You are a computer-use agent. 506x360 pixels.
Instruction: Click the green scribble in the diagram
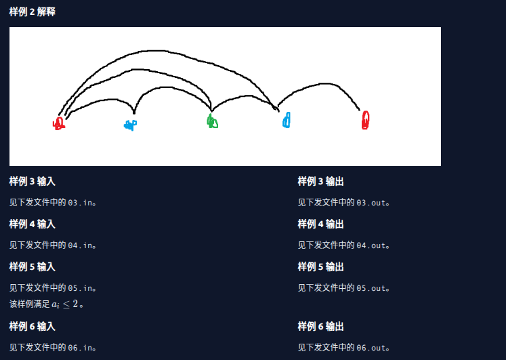212,121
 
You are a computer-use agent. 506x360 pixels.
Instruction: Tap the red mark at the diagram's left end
59,123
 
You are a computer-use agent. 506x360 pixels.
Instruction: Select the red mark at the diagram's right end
365,120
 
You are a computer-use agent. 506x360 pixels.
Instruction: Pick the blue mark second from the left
130,125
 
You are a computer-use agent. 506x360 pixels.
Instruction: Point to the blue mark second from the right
287,121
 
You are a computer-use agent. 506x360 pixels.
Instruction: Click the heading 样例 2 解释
32,12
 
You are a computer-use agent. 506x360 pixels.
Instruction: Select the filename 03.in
80,202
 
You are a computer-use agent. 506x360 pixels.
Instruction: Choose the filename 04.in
80,245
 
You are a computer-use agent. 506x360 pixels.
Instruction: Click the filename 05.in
80,288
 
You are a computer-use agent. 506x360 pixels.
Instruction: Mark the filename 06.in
80,348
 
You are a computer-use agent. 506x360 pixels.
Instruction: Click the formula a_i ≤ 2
65,304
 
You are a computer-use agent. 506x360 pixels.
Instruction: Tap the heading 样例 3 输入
32,182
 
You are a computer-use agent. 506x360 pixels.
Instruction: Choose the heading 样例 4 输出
320,224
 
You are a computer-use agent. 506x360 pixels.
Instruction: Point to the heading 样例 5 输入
32,267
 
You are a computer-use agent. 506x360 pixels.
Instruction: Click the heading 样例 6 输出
320,327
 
